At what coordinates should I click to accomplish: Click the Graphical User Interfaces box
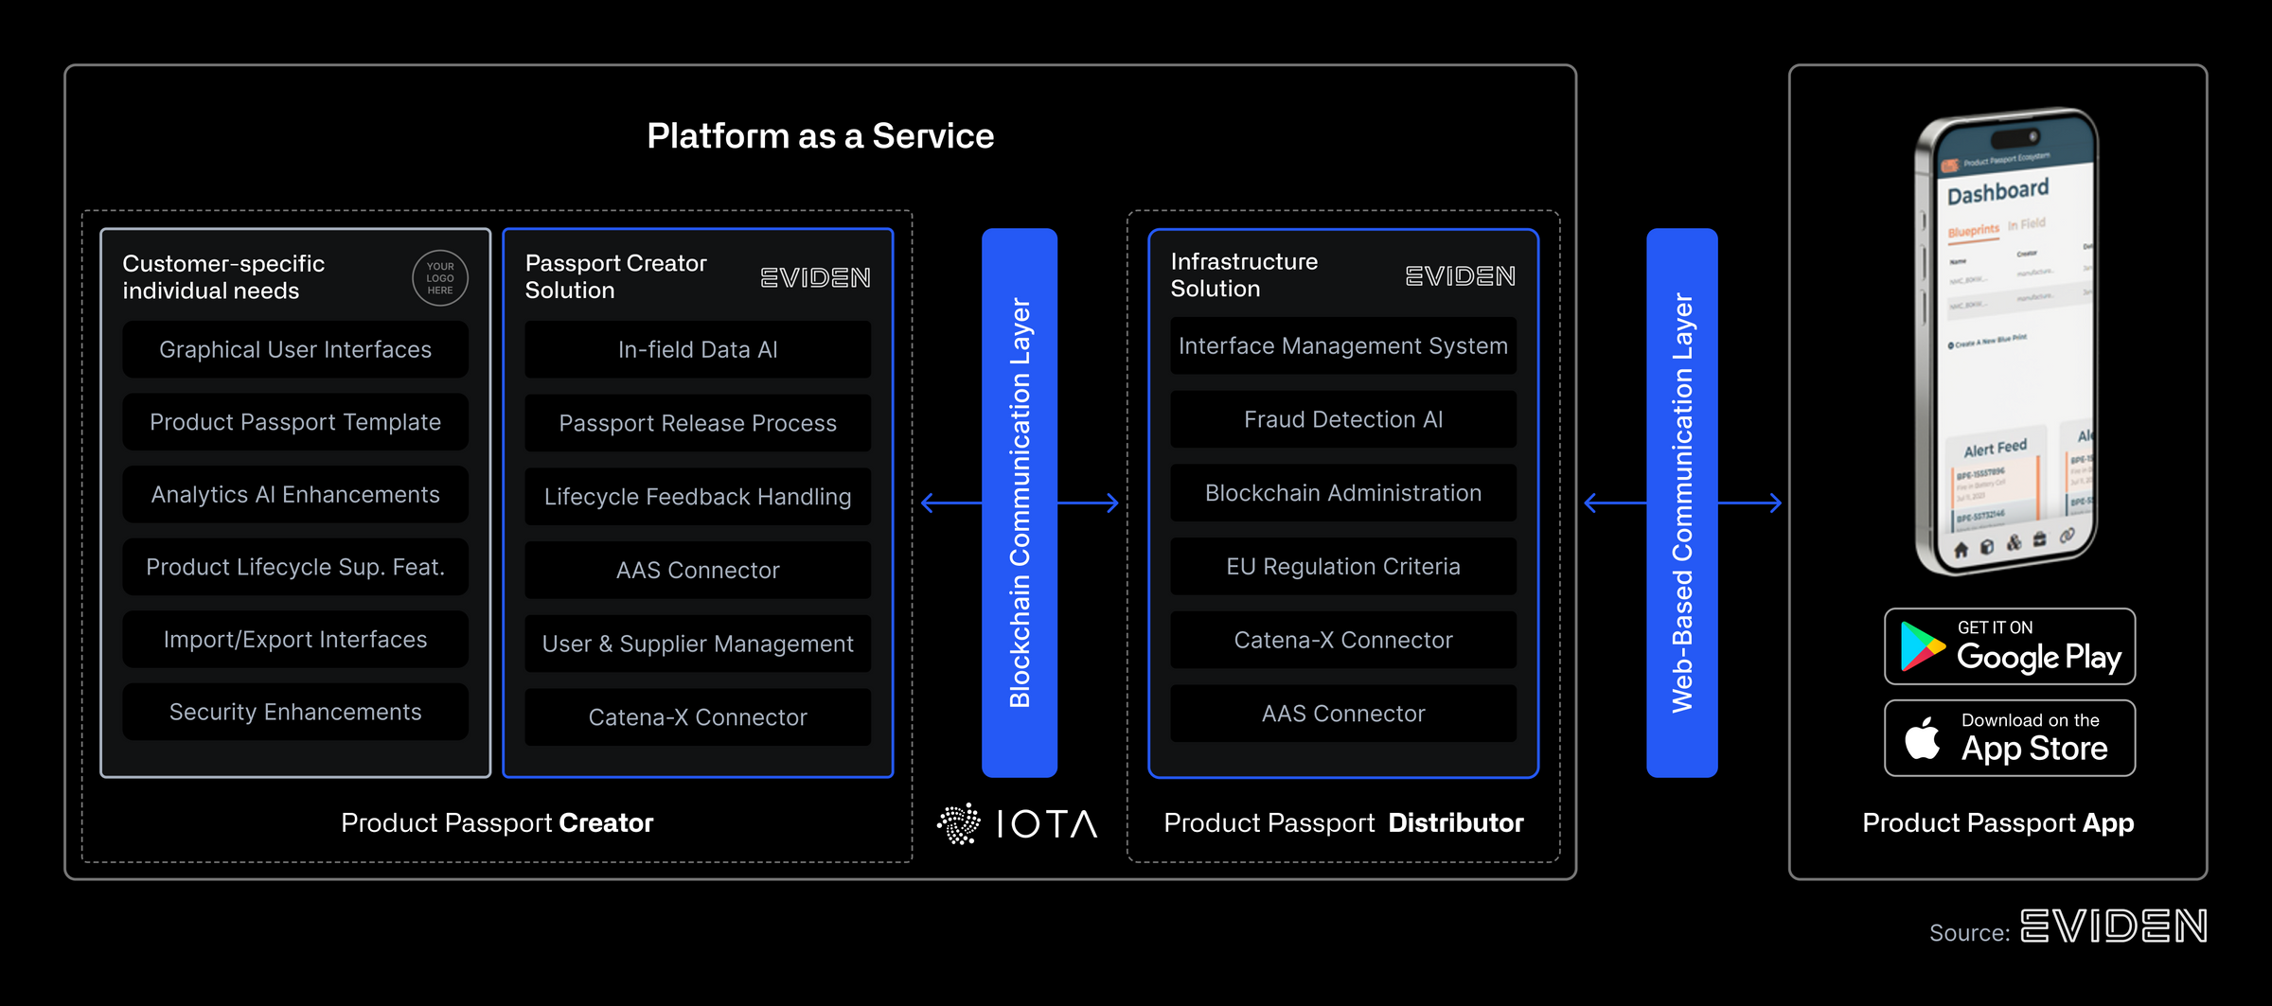pos(295,349)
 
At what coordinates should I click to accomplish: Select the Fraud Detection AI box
pos(1342,419)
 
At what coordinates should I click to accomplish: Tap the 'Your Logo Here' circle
pos(440,278)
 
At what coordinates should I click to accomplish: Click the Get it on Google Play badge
pos(2009,646)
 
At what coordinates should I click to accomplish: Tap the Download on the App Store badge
pos(2009,738)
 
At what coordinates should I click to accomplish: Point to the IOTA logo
pos(1018,823)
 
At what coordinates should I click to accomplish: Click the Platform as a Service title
pos(820,136)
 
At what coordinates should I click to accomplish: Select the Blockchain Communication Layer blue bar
pos(1019,502)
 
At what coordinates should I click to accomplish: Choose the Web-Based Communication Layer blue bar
pos(1681,502)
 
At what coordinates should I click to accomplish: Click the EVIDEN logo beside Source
pos(2113,927)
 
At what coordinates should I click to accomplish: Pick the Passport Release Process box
pos(698,423)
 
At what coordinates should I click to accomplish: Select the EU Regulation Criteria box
pos(1342,566)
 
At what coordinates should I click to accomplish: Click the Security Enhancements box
pos(295,712)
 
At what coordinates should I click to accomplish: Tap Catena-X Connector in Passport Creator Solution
pos(698,717)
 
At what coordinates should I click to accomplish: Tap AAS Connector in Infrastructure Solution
pos(1342,714)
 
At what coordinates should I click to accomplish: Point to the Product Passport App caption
pos(1997,823)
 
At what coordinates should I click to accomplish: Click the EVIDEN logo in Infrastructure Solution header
pos(1460,276)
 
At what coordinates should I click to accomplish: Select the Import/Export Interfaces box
pos(295,640)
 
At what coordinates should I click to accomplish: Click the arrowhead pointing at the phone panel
pos(1776,503)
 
